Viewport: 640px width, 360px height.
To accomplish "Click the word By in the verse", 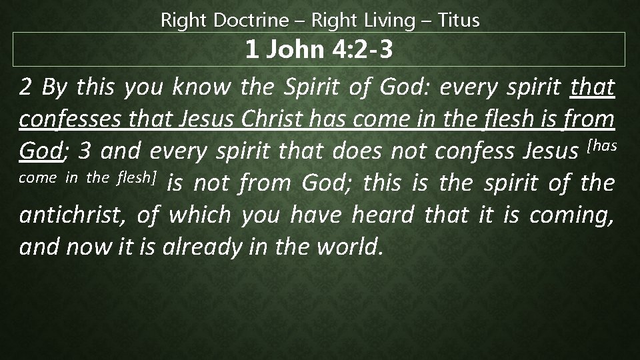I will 53,88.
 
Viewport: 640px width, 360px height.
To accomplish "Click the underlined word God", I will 39,152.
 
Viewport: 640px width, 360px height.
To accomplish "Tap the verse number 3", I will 84,152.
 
